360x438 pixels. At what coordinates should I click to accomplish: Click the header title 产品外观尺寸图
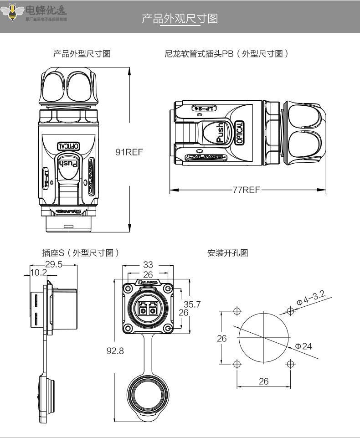click(x=180, y=19)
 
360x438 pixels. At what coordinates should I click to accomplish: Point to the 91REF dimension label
click(x=129, y=152)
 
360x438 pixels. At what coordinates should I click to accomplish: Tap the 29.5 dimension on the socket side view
click(x=53, y=265)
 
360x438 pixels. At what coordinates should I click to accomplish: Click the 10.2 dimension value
click(x=38, y=273)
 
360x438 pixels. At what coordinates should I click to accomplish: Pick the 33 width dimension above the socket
click(x=148, y=264)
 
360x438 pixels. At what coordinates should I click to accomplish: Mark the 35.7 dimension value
click(x=192, y=304)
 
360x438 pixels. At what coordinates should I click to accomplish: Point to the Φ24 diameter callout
click(x=303, y=346)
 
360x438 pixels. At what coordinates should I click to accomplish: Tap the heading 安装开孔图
click(x=228, y=253)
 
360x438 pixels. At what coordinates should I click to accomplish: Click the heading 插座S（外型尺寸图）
click(x=81, y=253)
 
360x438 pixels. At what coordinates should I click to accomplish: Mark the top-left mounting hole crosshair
click(x=237, y=311)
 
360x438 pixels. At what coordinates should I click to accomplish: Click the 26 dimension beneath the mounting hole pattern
click(x=264, y=381)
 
